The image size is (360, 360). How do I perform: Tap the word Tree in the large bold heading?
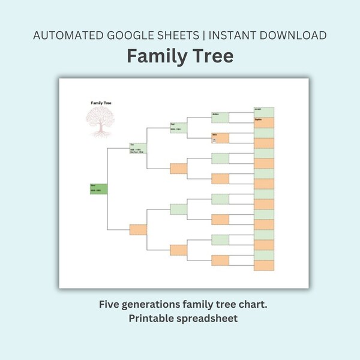pos(211,56)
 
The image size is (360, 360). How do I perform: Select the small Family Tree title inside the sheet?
pos(100,103)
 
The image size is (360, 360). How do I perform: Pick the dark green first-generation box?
pos(98,188)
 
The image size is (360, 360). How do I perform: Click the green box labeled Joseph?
pos(264,112)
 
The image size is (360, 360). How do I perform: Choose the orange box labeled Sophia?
pos(264,122)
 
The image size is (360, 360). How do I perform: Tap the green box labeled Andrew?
pos(220,117)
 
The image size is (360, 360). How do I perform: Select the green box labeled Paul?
pos(178,128)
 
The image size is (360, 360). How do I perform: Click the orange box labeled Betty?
pos(220,137)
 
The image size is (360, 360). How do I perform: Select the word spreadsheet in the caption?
pos(208,319)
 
